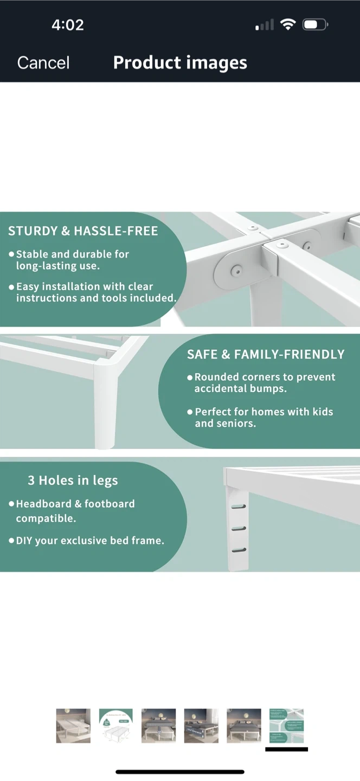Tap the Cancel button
[43, 63]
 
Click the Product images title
[180, 63]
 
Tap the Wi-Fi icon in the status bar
[288, 24]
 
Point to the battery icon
[315, 25]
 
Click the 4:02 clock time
[68, 25]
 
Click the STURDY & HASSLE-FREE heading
[83, 231]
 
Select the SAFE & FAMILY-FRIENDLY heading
[266, 354]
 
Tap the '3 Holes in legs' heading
[73, 481]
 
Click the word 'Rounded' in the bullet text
[216, 377]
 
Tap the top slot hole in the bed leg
[239, 507]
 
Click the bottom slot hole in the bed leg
[239, 550]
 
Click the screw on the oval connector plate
[236, 271]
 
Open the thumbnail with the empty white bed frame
[73, 726]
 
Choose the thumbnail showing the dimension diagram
[115, 726]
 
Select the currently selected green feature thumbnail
[286, 726]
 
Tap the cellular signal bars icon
[265, 25]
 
